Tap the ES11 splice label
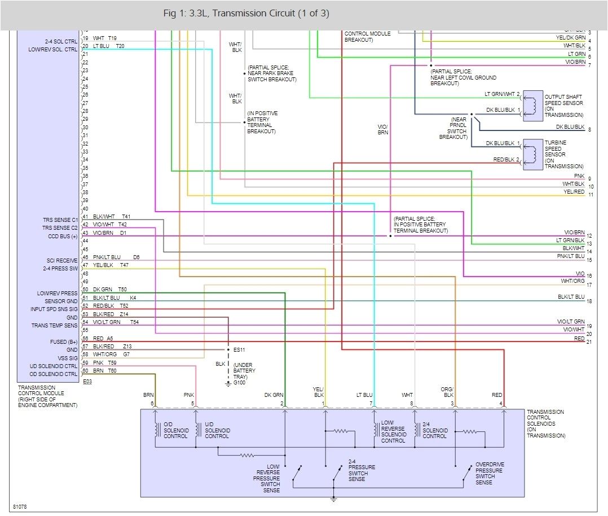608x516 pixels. pyautogui.click(x=240, y=350)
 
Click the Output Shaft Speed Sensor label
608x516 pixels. pyautogui.click(x=563, y=106)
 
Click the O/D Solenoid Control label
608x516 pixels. pyautogui.click(x=177, y=430)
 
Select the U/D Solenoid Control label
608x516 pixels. pyautogui.click(x=217, y=430)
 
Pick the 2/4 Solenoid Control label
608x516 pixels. pyautogui.click(x=434, y=430)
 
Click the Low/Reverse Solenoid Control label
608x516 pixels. pyautogui.click(x=393, y=431)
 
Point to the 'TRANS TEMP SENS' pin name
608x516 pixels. pyautogui.click(x=55, y=326)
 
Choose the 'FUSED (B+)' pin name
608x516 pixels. pyautogui.click(x=63, y=342)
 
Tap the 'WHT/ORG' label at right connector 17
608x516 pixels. pyautogui.click(x=572, y=281)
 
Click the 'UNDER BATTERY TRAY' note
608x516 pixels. pyautogui.click(x=244, y=371)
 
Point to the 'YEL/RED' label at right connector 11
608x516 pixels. pyautogui.click(x=574, y=192)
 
